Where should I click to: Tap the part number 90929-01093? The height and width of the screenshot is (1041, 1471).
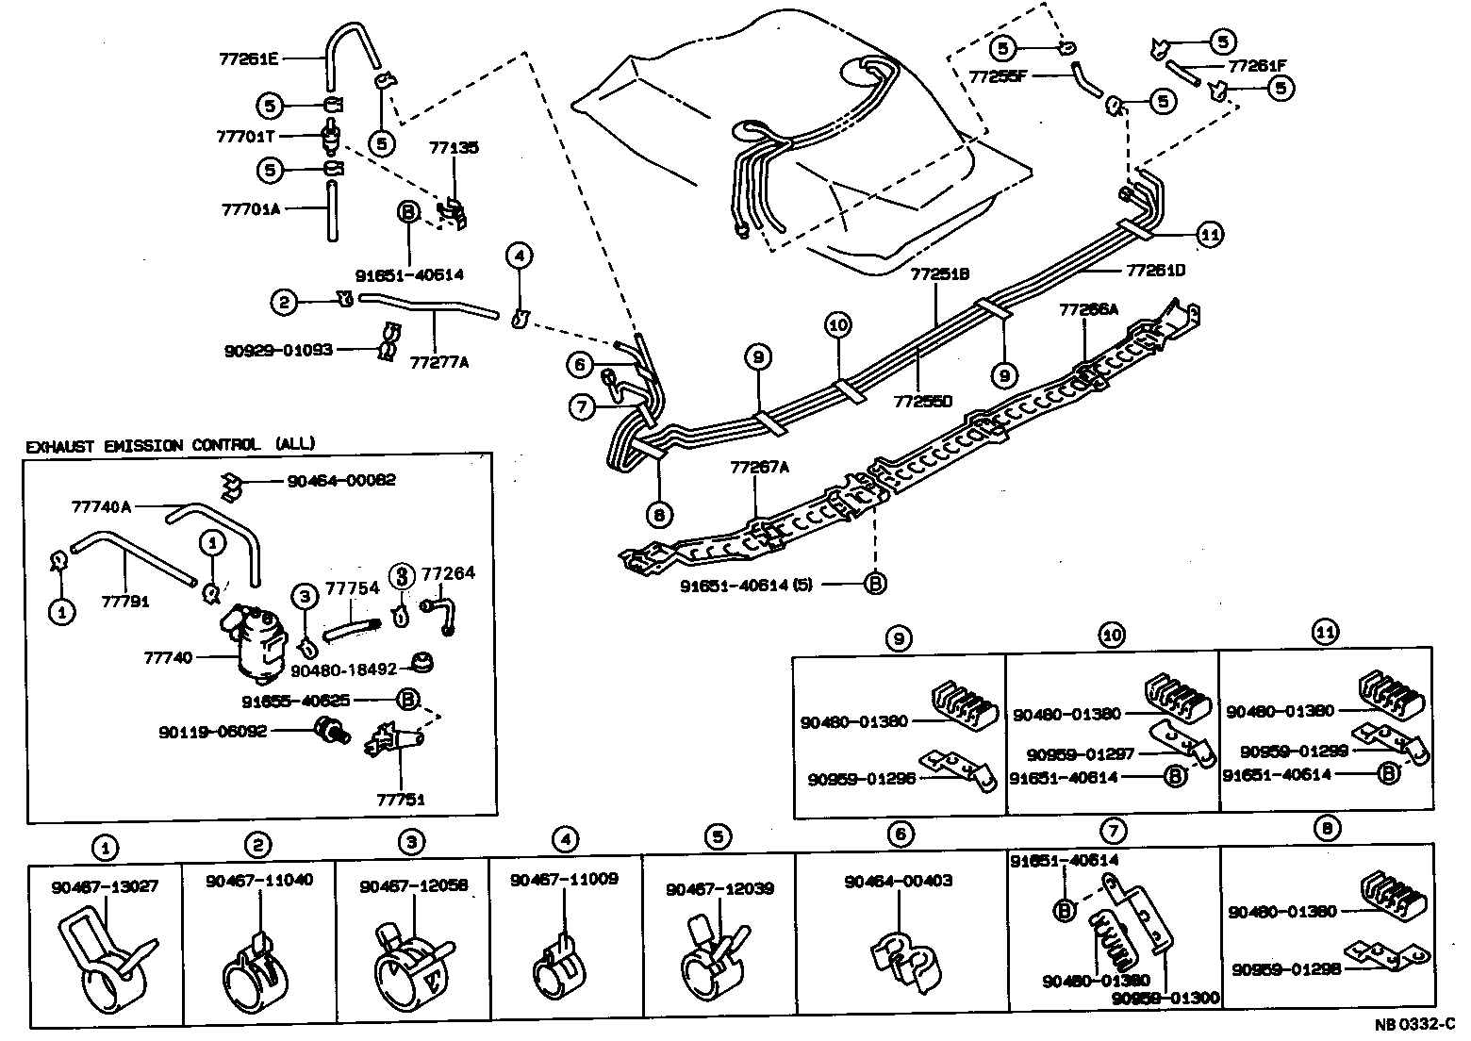278,350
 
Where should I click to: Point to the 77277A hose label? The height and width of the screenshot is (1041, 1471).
439,360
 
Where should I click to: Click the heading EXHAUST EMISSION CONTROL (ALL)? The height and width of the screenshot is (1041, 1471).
171,444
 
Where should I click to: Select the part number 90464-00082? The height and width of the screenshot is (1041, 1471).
342,480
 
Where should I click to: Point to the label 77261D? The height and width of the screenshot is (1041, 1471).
1155,270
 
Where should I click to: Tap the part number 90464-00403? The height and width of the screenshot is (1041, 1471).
899,881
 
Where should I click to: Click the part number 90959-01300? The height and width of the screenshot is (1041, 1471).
1165,998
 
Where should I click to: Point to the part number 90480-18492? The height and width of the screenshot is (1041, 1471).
344,669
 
